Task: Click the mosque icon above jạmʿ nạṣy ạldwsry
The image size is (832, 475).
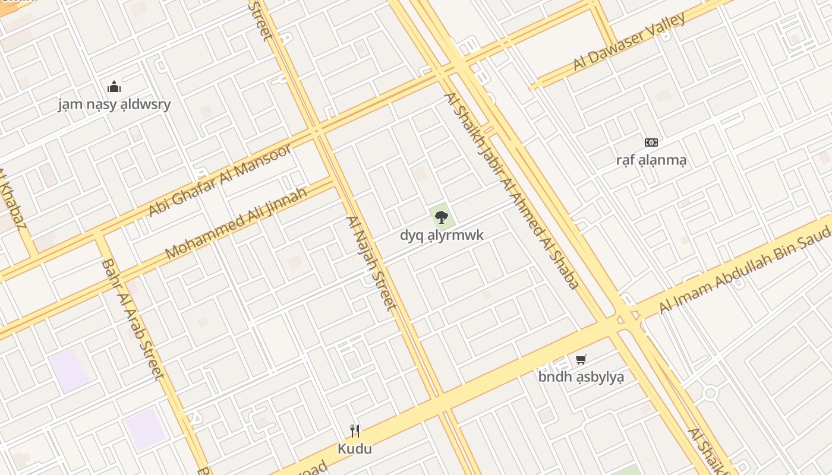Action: pos(114,87)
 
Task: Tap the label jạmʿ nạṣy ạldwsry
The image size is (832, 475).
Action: pos(114,104)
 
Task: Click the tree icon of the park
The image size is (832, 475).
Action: pos(441,217)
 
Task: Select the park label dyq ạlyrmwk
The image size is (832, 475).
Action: pos(442,235)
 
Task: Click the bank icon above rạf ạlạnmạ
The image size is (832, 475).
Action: pos(651,142)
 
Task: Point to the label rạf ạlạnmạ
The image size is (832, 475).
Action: pos(651,160)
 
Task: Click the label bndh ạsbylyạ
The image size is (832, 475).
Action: pos(581,376)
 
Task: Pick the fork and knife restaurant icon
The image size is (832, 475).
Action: pos(355,430)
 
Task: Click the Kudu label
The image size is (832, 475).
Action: pos(355,448)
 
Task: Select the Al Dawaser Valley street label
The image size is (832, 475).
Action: pos(629,41)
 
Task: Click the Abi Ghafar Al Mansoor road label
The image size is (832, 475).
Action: pos(220,179)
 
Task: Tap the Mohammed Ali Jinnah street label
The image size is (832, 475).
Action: pos(236,223)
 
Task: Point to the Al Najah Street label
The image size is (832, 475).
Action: pos(371,263)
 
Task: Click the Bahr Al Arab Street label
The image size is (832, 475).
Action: pos(132,319)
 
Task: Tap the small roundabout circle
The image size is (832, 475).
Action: pos(710,393)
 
